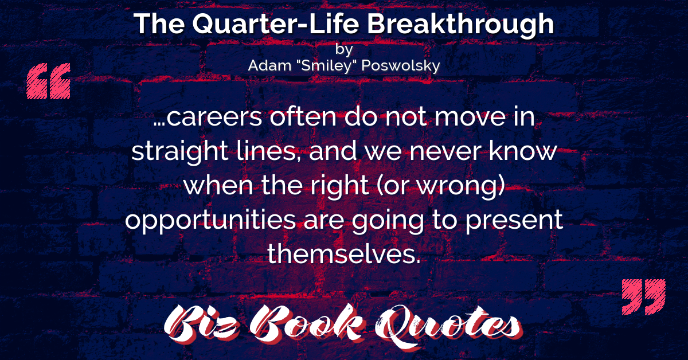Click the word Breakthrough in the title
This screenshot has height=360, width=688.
460,25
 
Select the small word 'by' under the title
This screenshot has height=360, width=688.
344,49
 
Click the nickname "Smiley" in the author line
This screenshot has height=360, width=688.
326,65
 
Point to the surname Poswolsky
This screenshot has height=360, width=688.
401,65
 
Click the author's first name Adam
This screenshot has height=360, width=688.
269,65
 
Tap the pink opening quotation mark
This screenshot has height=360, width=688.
49,81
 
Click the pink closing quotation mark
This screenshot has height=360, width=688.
643,297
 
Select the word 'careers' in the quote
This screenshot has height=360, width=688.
214,117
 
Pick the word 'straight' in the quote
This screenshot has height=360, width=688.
180,152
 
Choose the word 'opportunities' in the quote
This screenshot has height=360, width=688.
210,221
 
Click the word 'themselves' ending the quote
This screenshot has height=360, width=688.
343,254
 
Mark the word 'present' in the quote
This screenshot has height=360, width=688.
514,221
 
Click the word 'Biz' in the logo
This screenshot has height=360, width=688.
202,324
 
